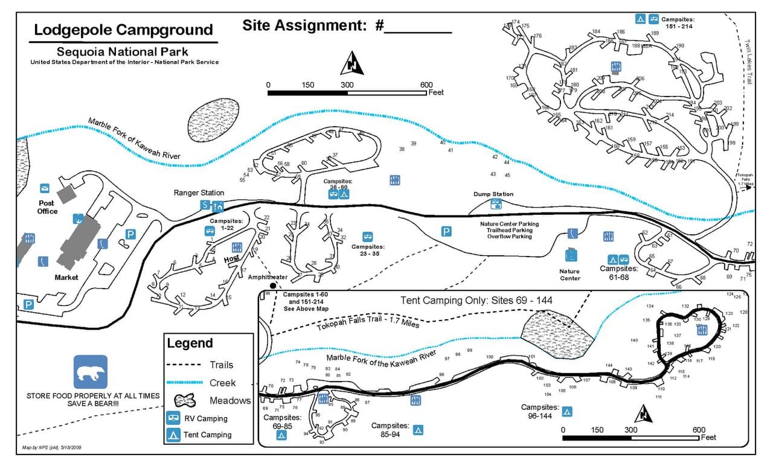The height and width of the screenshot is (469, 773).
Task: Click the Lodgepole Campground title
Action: coord(123,30)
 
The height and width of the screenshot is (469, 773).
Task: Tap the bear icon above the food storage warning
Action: coord(91,371)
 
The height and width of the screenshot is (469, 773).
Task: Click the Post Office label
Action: coord(47,207)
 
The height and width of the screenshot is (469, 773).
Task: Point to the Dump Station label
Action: coord(494,194)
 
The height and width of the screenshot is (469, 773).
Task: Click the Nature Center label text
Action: coord(569,275)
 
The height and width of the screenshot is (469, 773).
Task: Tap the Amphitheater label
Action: coord(268,276)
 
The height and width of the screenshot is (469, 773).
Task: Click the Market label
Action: coord(66,278)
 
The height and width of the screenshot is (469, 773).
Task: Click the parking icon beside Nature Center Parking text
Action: coord(447,231)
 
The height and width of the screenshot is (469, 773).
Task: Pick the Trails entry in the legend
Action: coord(221,365)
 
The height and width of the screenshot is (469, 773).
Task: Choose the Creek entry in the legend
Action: coord(222,383)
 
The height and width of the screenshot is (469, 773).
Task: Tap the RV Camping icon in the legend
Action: coord(173,418)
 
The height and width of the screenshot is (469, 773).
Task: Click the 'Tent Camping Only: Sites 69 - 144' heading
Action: coord(476,300)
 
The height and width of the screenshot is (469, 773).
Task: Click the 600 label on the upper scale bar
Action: coord(427,85)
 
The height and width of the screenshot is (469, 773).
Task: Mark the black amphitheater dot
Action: coord(273,285)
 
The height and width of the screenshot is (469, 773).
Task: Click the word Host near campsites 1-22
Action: coord(231,258)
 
